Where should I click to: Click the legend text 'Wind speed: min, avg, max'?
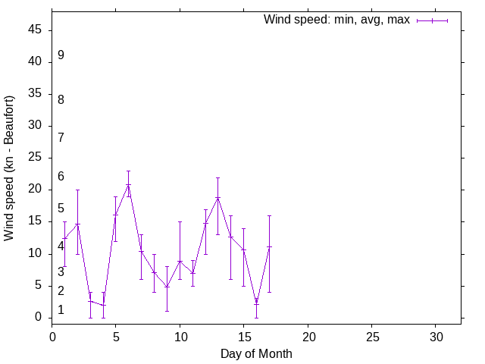[x=336, y=20]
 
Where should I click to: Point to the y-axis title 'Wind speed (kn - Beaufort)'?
[x=10, y=168]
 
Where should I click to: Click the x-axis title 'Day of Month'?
[x=256, y=353]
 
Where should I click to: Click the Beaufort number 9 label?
[x=61, y=55]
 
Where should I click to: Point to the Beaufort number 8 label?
[x=61, y=99]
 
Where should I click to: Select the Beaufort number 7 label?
[x=61, y=137]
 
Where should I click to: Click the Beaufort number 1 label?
[x=61, y=309]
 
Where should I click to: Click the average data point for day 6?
[x=128, y=184]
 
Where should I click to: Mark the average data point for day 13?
[x=217, y=198]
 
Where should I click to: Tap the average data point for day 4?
[x=103, y=305]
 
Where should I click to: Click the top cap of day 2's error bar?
[x=77, y=190]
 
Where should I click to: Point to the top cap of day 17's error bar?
[x=269, y=215]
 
